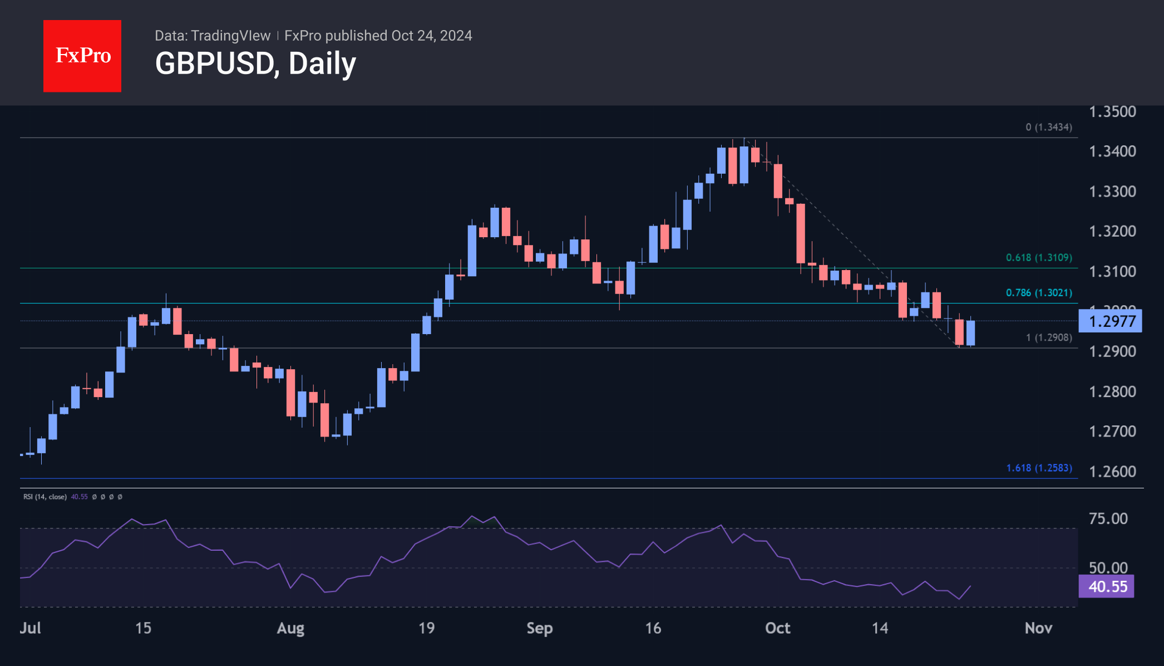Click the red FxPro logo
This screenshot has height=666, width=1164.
click(82, 56)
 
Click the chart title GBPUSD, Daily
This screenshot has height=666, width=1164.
click(255, 63)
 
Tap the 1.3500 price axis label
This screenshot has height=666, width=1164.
click(1112, 112)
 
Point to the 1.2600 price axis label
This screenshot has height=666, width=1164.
click(1112, 472)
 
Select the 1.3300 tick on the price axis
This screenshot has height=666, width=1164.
click(1112, 192)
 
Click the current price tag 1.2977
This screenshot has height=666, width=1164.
click(1111, 321)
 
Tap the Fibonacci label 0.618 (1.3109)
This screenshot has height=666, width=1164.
click(1038, 258)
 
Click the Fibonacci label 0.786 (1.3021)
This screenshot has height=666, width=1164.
click(1038, 293)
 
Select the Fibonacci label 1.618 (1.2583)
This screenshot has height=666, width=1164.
click(1038, 468)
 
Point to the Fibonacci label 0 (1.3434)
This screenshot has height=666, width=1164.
click(1048, 128)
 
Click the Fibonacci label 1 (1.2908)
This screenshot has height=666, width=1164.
click(1048, 338)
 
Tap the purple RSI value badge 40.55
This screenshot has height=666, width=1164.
click(1106, 586)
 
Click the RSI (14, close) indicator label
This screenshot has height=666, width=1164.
click(45, 497)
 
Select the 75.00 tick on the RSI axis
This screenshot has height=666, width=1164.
click(1108, 519)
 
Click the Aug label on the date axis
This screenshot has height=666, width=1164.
click(290, 628)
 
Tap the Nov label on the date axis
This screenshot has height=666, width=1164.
click(1038, 628)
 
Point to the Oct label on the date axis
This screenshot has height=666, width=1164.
click(777, 628)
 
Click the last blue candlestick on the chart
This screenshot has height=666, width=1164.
click(970, 333)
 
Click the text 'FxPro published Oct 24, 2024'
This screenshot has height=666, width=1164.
click(378, 36)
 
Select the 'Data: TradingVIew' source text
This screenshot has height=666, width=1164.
click(213, 36)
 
